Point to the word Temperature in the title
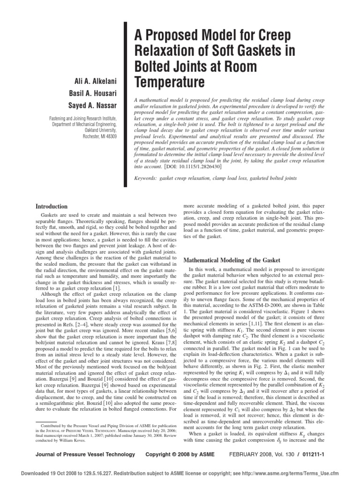(170, 82)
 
